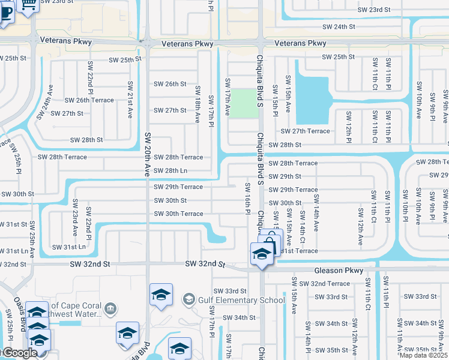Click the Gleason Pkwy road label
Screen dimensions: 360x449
coord(339,271)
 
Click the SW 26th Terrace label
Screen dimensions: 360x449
coord(89,100)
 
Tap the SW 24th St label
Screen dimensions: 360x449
coord(339,27)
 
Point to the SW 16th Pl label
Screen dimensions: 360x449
coord(247,198)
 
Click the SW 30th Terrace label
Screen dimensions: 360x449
coord(178,214)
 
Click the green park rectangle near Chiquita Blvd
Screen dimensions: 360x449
coord(243,103)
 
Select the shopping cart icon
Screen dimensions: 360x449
coord(28,5)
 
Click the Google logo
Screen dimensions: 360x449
coord(19,353)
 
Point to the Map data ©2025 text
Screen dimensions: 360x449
coord(424,355)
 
